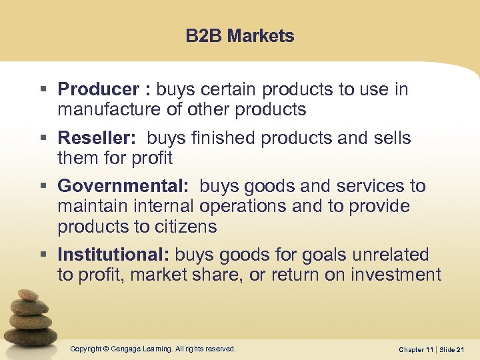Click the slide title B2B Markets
tap(240, 36)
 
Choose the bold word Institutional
tap(114, 255)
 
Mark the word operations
tap(247, 207)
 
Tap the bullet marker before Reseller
tap(43, 139)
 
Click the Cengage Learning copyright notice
tap(153, 349)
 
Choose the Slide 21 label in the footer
tap(457, 349)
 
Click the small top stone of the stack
tap(27, 295)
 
